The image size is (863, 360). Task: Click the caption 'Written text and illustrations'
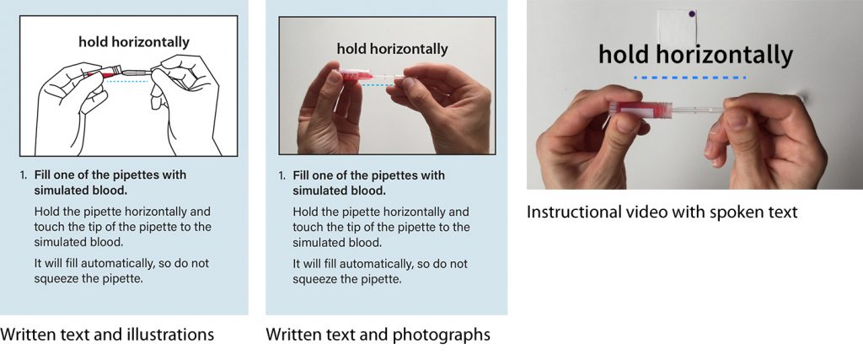107,335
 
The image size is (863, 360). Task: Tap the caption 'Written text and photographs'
378,335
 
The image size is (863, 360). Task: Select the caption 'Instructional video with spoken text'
662,212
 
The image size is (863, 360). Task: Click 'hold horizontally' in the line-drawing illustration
134,41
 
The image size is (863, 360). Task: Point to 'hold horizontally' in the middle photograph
392,49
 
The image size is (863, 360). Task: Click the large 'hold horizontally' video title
695,56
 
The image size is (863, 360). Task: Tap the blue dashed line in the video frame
689,78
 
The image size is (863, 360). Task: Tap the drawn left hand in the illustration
72,105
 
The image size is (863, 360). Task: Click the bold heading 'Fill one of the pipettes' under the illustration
110,175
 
